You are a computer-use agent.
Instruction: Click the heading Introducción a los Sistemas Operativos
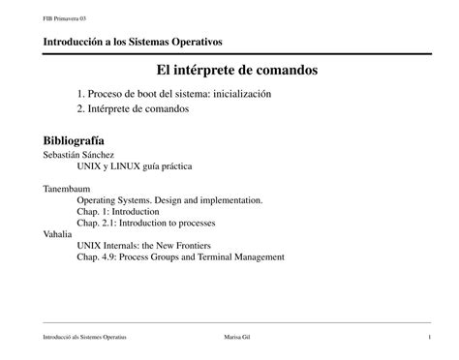133,43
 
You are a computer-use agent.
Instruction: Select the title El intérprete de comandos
236,71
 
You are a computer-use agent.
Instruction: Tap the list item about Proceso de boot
173,94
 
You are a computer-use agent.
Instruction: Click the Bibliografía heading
74,139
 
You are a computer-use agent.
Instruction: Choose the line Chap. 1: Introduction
119,211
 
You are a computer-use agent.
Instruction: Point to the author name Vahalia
58,234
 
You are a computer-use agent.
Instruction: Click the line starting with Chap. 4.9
180,257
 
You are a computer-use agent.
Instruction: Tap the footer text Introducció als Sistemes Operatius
85,336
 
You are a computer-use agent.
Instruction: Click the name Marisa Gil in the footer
236,336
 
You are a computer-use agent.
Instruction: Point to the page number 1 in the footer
428,336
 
